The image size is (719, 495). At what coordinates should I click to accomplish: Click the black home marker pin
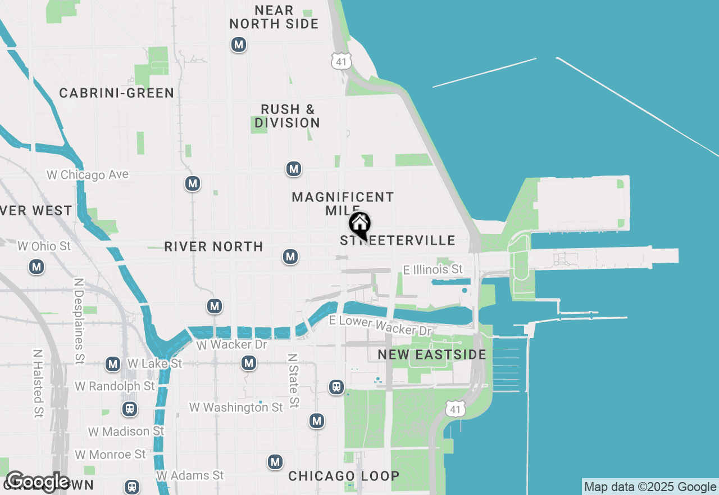[360, 225]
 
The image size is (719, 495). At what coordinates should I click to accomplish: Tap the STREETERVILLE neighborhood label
[398, 241]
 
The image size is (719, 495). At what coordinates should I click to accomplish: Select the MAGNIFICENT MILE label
[343, 204]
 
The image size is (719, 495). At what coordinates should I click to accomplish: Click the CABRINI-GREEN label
[117, 93]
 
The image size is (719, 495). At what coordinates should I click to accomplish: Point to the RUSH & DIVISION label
[287, 116]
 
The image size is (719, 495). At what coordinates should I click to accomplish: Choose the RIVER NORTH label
[213, 246]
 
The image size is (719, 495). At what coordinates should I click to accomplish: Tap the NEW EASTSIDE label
[432, 354]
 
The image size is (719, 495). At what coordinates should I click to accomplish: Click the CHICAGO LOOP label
[344, 476]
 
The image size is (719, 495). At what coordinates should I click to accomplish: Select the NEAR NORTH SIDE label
[274, 17]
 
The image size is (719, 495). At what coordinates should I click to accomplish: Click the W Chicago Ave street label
[88, 175]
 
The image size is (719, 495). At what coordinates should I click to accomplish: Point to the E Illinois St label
[433, 270]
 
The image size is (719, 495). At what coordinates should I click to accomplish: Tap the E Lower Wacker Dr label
[380, 326]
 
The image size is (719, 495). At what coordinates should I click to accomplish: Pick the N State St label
[293, 380]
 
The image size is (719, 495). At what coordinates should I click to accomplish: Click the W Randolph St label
[115, 386]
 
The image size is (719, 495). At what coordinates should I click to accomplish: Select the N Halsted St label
[38, 384]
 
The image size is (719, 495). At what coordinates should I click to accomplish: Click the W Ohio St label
[44, 246]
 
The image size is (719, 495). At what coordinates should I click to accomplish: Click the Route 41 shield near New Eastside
[456, 409]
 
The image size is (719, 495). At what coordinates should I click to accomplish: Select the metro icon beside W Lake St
[113, 364]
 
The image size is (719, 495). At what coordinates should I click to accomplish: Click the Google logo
[38, 482]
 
